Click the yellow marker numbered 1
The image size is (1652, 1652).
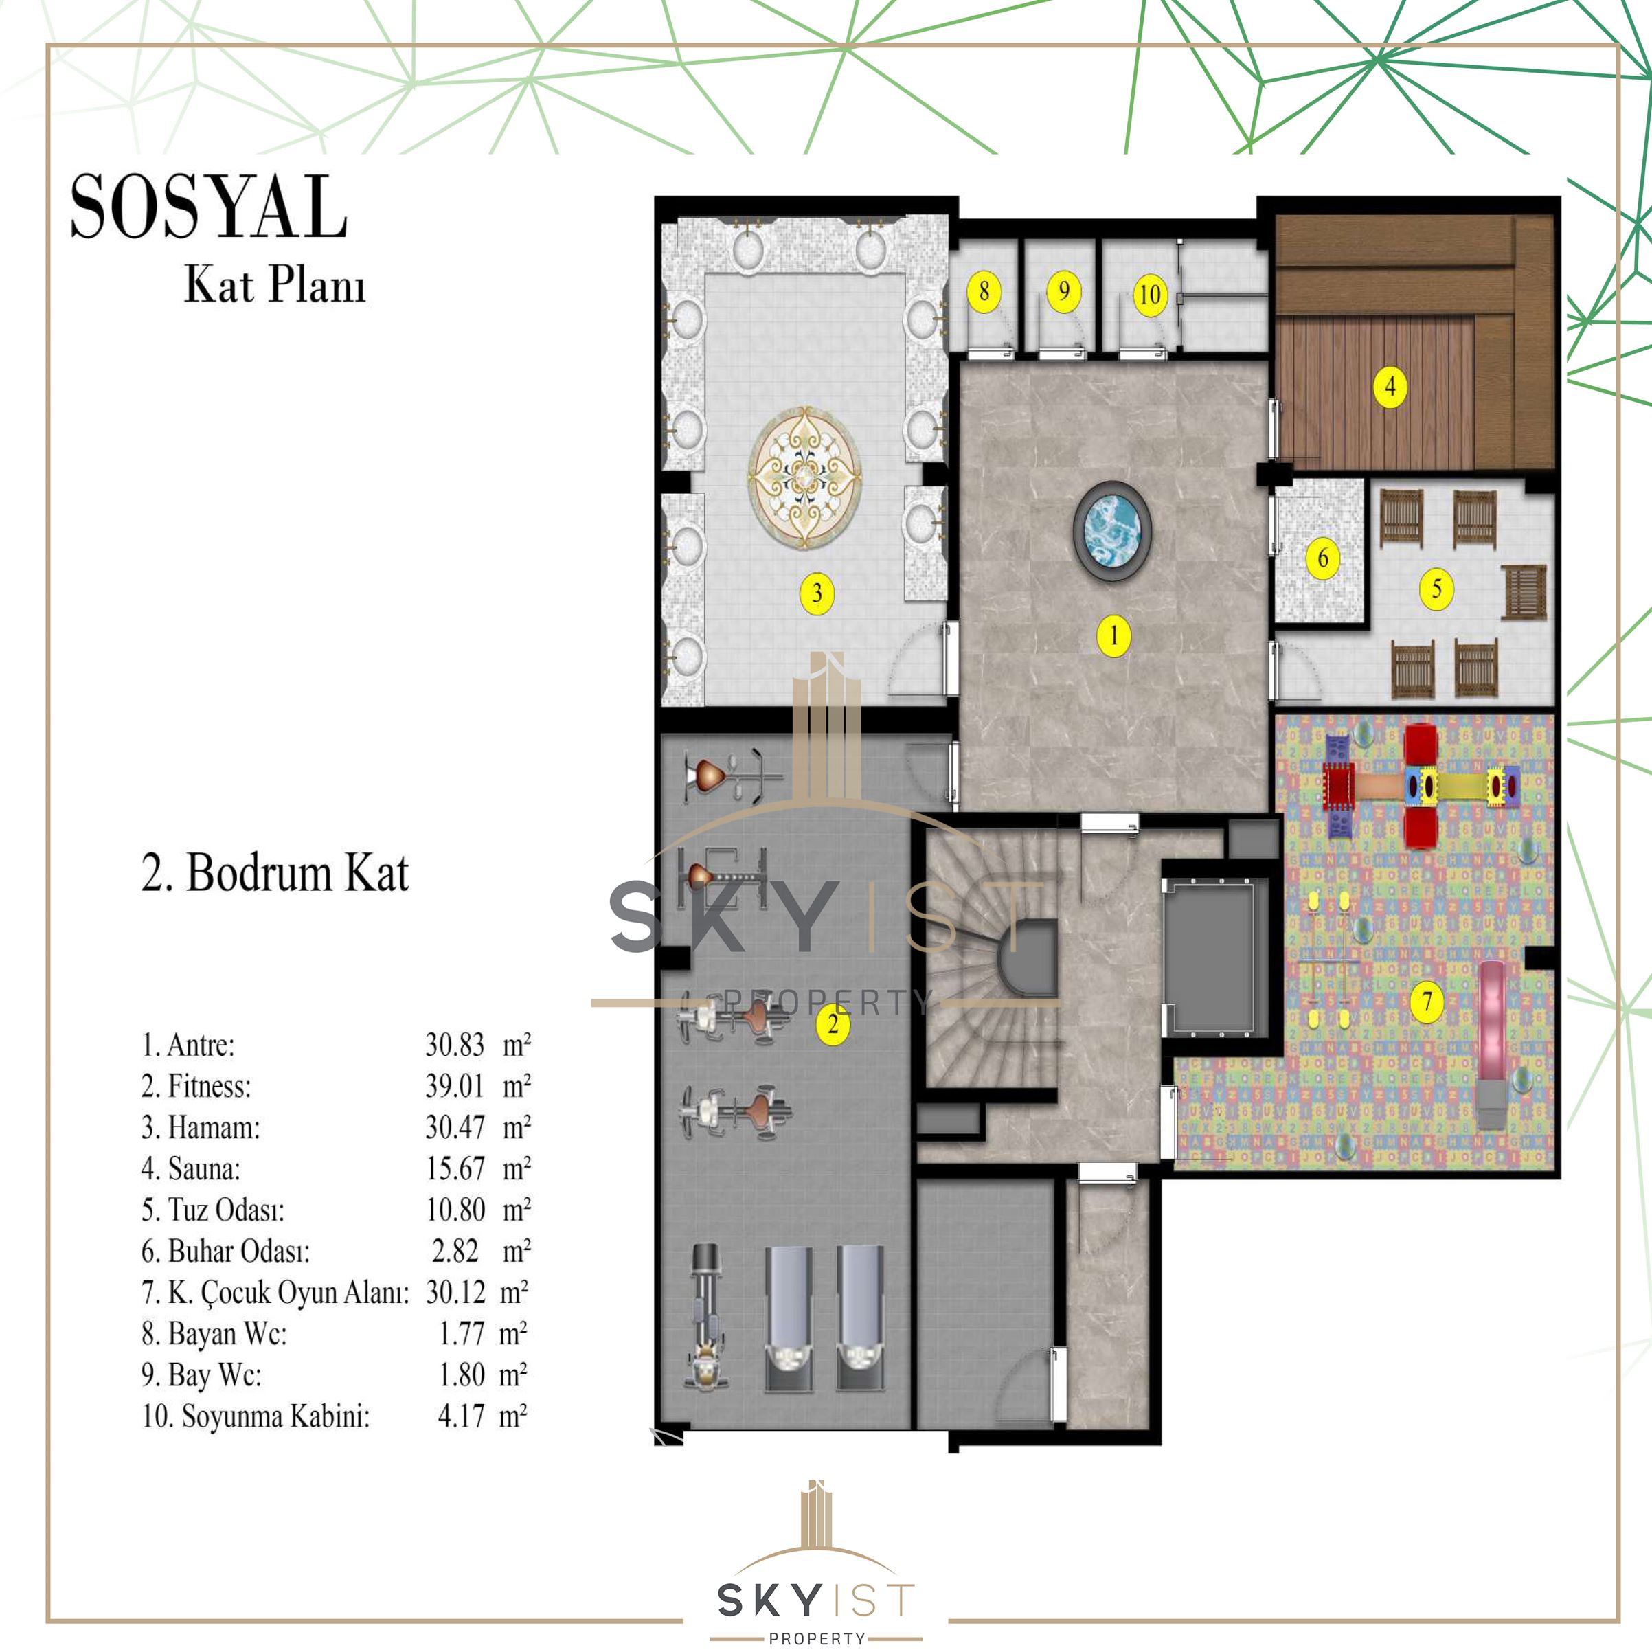click(1113, 635)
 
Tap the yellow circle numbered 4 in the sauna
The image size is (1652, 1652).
click(1390, 387)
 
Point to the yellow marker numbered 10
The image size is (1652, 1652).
click(1150, 295)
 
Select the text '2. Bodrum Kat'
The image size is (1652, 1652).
click(275, 873)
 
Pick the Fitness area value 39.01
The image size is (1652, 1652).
click(455, 1086)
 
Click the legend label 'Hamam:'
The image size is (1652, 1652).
click(214, 1127)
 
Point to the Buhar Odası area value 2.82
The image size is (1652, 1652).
click(455, 1251)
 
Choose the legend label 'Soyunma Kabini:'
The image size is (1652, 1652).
click(275, 1416)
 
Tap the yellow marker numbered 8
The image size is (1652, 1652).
click(984, 291)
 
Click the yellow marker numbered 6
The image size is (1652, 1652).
click(1323, 558)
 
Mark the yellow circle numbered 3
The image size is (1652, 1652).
click(817, 593)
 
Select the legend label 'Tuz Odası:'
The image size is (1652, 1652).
click(226, 1210)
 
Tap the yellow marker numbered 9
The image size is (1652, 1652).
click(1064, 291)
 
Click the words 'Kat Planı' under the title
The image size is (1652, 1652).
click(275, 286)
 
